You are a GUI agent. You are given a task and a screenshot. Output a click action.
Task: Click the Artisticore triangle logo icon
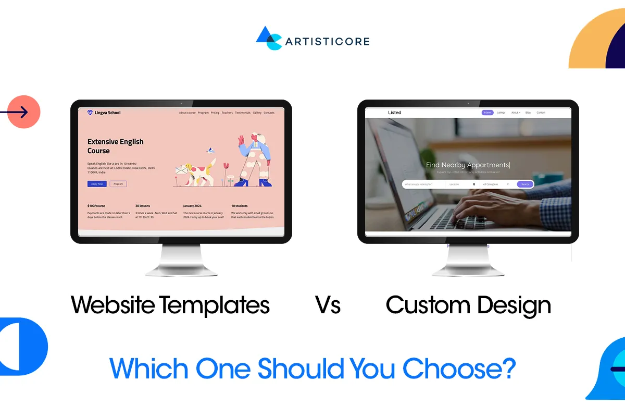(x=268, y=38)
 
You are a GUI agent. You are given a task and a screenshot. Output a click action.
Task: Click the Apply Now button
(x=97, y=184)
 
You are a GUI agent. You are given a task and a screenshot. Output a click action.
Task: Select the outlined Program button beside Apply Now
(x=118, y=184)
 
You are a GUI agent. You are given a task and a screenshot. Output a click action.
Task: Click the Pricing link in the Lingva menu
(x=215, y=113)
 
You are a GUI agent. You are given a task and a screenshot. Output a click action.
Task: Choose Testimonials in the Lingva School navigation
(x=243, y=113)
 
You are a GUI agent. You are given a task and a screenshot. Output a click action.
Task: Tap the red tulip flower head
(x=226, y=166)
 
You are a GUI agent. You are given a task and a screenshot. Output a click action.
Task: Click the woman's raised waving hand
(x=241, y=139)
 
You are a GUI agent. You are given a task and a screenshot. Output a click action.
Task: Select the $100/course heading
(x=96, y=206)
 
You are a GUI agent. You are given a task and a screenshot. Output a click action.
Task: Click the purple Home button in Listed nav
(x=488, y=113)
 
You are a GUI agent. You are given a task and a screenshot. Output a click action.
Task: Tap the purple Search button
(x=525, y=184)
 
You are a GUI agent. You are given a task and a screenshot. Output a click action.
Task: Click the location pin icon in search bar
(x=474, y=184)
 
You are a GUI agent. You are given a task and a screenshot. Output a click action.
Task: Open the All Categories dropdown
(x=496, y=184)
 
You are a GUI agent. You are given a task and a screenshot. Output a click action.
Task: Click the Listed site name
(x=395, y=113)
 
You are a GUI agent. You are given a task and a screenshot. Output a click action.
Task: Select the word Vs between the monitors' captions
(x=328, y=305)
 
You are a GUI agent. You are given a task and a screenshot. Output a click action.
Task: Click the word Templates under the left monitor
(x=214, y=305)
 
